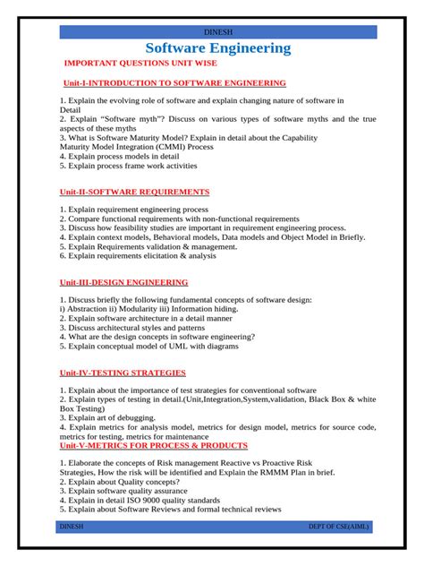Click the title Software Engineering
tap(218, 48)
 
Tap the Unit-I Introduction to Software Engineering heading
tap(173, 82)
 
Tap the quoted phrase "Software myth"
tap(106, 118)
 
